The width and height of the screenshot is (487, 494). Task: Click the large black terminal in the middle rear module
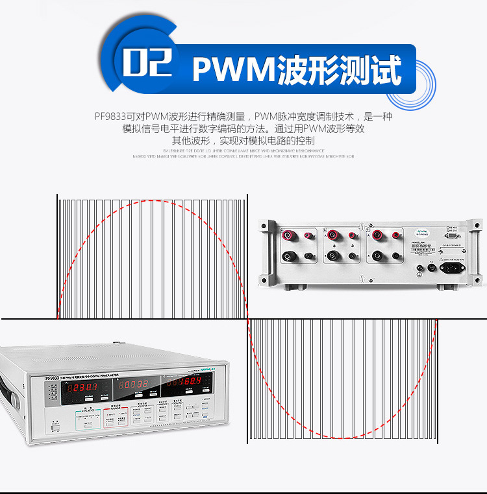click(333, 256)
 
